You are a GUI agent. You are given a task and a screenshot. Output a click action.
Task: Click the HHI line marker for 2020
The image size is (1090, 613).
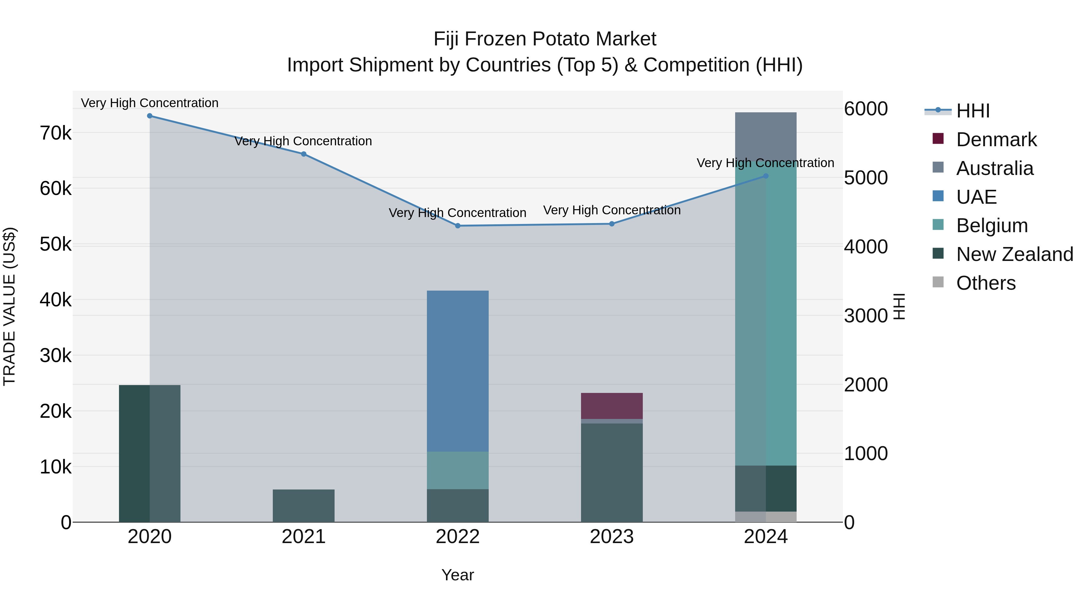click(x=150, y=116)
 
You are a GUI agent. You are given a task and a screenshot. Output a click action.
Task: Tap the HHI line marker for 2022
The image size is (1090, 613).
click(x=458, y=226)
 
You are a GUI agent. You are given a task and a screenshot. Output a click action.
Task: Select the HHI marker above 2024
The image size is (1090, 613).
click(x=766, y=176)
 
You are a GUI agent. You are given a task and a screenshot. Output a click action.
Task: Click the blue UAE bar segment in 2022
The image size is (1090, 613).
click(x=458, y=371)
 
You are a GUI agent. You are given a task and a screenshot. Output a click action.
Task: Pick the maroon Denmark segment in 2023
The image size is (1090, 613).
click(x=612, y=406)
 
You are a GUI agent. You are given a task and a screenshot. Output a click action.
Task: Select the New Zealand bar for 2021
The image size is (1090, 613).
click(x=304, y=506)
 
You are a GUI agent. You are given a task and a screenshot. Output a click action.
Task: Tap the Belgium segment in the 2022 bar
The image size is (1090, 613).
click(x=458, y=470)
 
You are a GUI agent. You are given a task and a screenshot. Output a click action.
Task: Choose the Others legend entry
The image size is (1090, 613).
click(x=986, y=283)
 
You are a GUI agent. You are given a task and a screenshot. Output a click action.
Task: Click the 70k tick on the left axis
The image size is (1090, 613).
click(x=55, y=133)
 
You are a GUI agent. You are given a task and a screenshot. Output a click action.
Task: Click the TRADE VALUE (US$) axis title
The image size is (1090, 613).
click(x=9, y=306)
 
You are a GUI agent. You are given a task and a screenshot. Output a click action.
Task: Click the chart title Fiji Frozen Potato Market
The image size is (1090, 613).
click(x=545, y=39)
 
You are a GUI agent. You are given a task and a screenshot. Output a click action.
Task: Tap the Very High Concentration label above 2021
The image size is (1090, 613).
click(x=303, y=141)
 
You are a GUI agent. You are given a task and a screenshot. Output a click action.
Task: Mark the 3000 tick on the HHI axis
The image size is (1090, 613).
click(x=866, y=316)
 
